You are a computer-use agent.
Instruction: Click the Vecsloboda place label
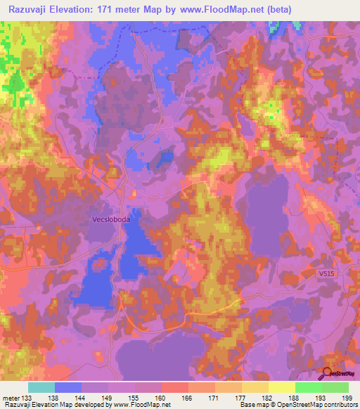[x=111, y=219]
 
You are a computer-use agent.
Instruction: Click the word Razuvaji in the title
[x=30, y=9]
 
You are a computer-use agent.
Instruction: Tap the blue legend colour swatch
[x=68, y=387]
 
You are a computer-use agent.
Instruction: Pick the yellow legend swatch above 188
[x=282, y=387]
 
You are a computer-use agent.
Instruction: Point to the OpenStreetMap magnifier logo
[x=327, y=373]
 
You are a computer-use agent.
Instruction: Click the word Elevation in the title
[x=79, y=9]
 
